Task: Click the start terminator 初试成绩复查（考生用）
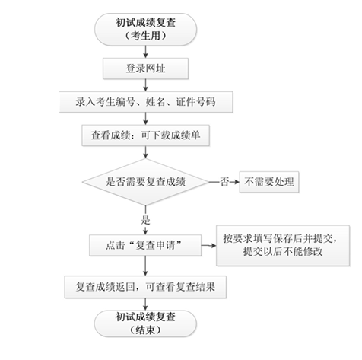144,28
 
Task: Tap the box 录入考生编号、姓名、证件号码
144,101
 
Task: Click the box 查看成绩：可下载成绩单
144,135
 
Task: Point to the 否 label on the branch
224,183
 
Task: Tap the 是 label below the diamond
146,220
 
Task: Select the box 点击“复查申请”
144,245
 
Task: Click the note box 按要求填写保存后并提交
285,245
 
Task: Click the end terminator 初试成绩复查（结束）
144,323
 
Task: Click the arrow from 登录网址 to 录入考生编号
144,84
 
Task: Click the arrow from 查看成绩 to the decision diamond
144,153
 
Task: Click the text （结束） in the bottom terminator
144,330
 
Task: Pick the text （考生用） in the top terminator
144,36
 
